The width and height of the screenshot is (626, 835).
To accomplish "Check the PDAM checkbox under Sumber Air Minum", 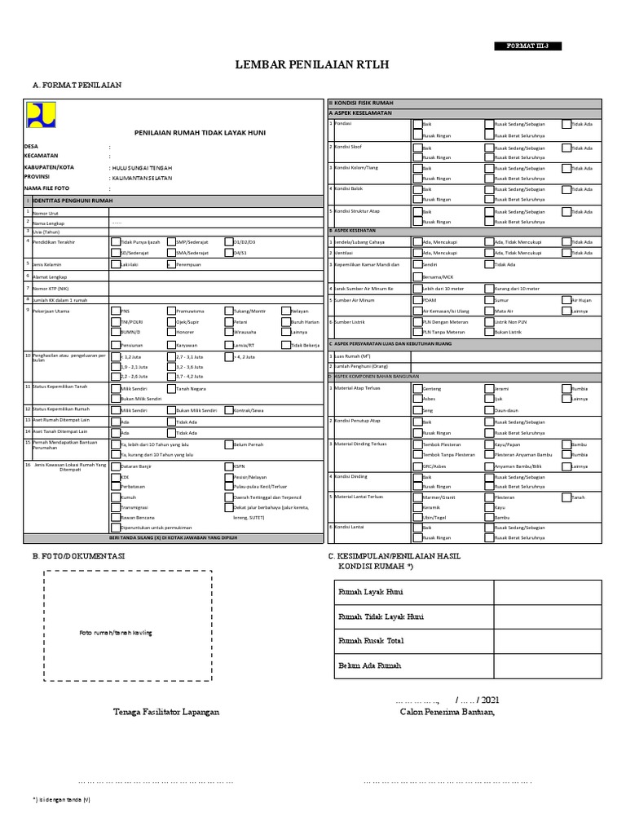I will coord(417,300).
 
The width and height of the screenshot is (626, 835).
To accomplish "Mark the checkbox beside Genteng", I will coord(417,389).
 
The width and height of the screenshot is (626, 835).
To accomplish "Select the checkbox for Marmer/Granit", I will coord(417,496).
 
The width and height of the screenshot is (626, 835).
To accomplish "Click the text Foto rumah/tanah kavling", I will coord(115,634).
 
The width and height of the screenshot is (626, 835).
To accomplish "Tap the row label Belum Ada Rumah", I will coord(369,666).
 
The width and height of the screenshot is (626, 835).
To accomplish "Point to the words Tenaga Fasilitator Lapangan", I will coord(165,712).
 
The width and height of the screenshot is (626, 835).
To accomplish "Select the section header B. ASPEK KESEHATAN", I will coord(359,231).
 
